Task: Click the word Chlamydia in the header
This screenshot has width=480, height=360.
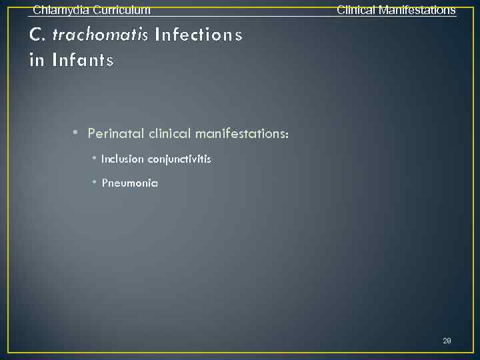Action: pyautogui.click(x=59, y=10)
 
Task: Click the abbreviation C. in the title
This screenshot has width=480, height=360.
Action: pyautogui.click(x=36, y=35)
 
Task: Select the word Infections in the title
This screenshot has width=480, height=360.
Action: pyautogui.click(x=198, y=35)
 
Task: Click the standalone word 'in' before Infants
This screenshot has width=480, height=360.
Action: pyautogui.click(x=37, y=61)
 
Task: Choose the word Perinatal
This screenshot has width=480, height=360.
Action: pyautogui.click(x=116, y=134)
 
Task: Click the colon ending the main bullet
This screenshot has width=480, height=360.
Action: pyautogui.click(x=287, y=135)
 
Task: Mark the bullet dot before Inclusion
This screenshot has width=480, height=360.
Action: pyautogui.click(x=95, y=159)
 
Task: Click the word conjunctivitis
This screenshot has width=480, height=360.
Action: pyautogui.click(x=179, y=160)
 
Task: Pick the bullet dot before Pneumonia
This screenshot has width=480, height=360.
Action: pyautogui.click(x=95, y=182)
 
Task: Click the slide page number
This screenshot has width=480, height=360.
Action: pyautogui.click(x=447, y=341)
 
